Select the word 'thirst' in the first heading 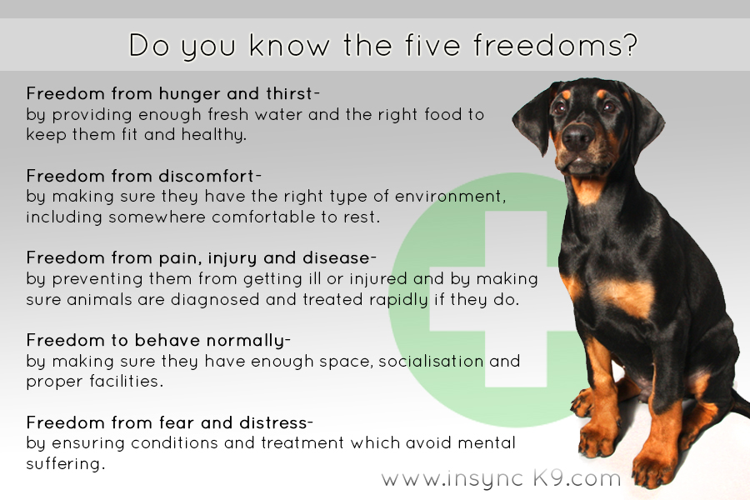pyautogui.click(x=289, y=93)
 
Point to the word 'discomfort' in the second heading pyautogui.click(x=207, y=176)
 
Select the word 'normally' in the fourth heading pyautogui.click(x=245, y=341)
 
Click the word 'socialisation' pyautogui.click(x=431, y=361)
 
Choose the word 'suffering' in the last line pyautogui.click(x=63, y=463)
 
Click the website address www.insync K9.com pyautogui.click(x=501, y=478)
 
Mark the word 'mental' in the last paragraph pyautogui.click(x=486, y=443)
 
